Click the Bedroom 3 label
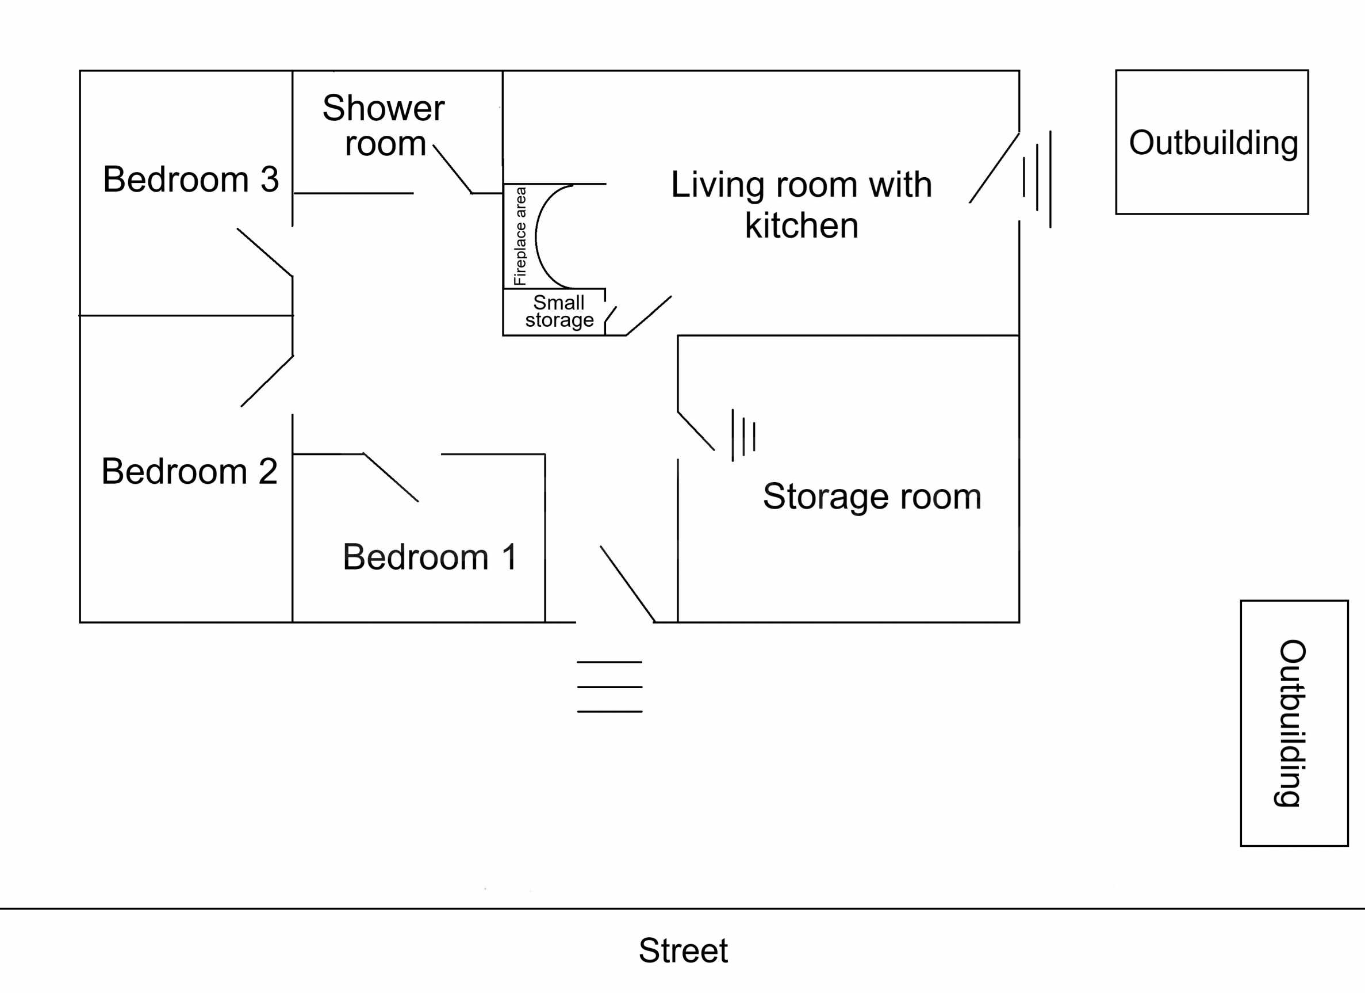coord(191,179)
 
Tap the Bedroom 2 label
coord(189,471)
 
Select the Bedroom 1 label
coord(429,556)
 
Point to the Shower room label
coord(384,125)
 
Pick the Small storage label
coord(558,311)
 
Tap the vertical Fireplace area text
coord(520,236)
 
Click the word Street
coord(683,950)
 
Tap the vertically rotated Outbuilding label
coord(1293,723)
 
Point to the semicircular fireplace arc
coord(538,236)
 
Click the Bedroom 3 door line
coord(265,253)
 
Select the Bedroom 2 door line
coord(267,381)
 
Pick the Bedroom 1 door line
coord(390,477)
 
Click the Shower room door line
coord(452,169)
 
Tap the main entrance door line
coord(627,583)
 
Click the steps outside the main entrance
coord(609,687)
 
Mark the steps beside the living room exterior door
coord(1037,179)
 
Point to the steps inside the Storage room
coord(743,435)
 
